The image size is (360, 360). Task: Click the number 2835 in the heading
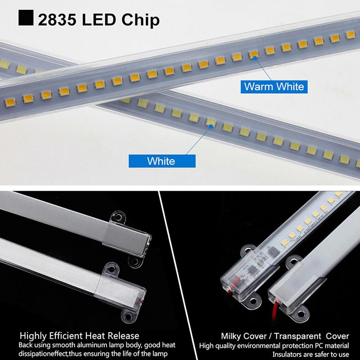pyautogui.click(x=56, y=20)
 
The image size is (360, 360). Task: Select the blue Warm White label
pyautogui.click(x=274, y=86)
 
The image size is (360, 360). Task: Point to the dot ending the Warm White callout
pyautogui.click(x=254, y=58)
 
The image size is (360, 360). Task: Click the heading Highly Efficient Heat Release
pyautogui.click(x=79, y=336)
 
